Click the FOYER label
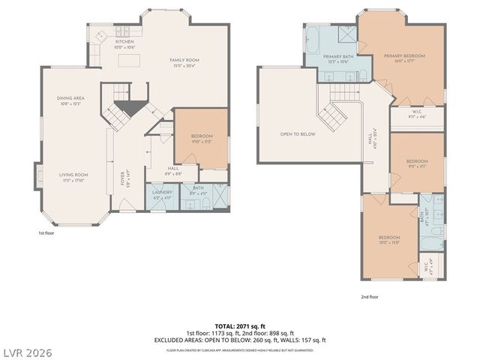coord(123,179)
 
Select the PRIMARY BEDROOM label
coord(404,56)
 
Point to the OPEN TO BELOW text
coord(298,134)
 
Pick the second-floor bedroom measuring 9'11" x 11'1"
coord(417,163)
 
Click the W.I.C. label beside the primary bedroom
coord(418,115)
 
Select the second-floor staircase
coord(333,116)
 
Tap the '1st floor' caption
coord(46,233)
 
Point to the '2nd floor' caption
coord(369,297)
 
